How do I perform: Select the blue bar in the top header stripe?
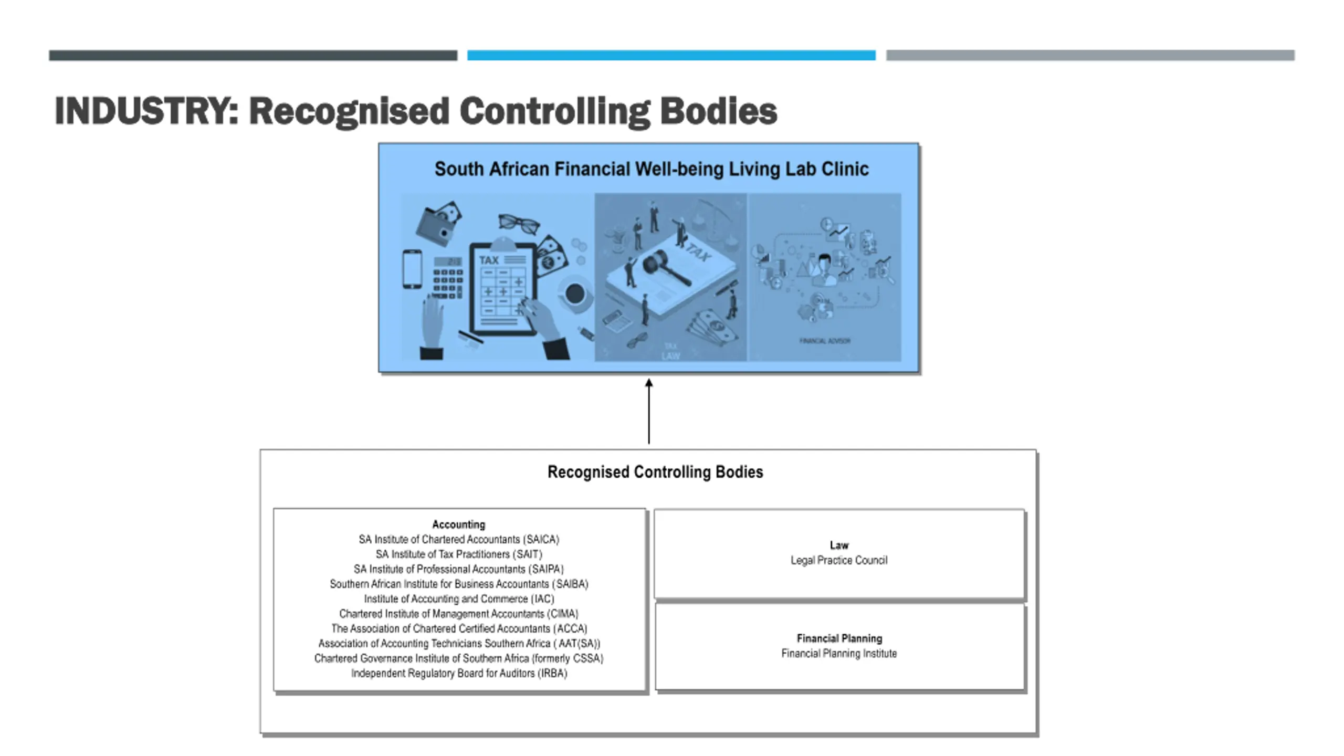[x=671, y=55]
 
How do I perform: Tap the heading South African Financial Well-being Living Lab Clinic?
[x=651, y=169]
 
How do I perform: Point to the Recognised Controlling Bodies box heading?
[x=655, y=472]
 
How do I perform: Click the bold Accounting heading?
[x=458, y=524]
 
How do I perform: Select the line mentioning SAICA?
[x=458, y=539]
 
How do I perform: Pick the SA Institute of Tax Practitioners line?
[x=458, y=554]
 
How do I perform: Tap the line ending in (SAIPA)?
[x=458, y=569]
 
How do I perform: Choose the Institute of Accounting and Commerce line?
[x=458, y=599]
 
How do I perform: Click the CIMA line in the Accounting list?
[x=458, y=614]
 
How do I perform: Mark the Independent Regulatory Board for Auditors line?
[x=458, y=673]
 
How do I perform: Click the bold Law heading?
[x=839, y=545]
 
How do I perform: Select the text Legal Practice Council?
[x=839, y=560]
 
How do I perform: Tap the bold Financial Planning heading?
[x=839, y=638]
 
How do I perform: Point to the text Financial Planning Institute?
[x=839, y=654]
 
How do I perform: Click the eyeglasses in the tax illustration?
[x=519, y=223]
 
